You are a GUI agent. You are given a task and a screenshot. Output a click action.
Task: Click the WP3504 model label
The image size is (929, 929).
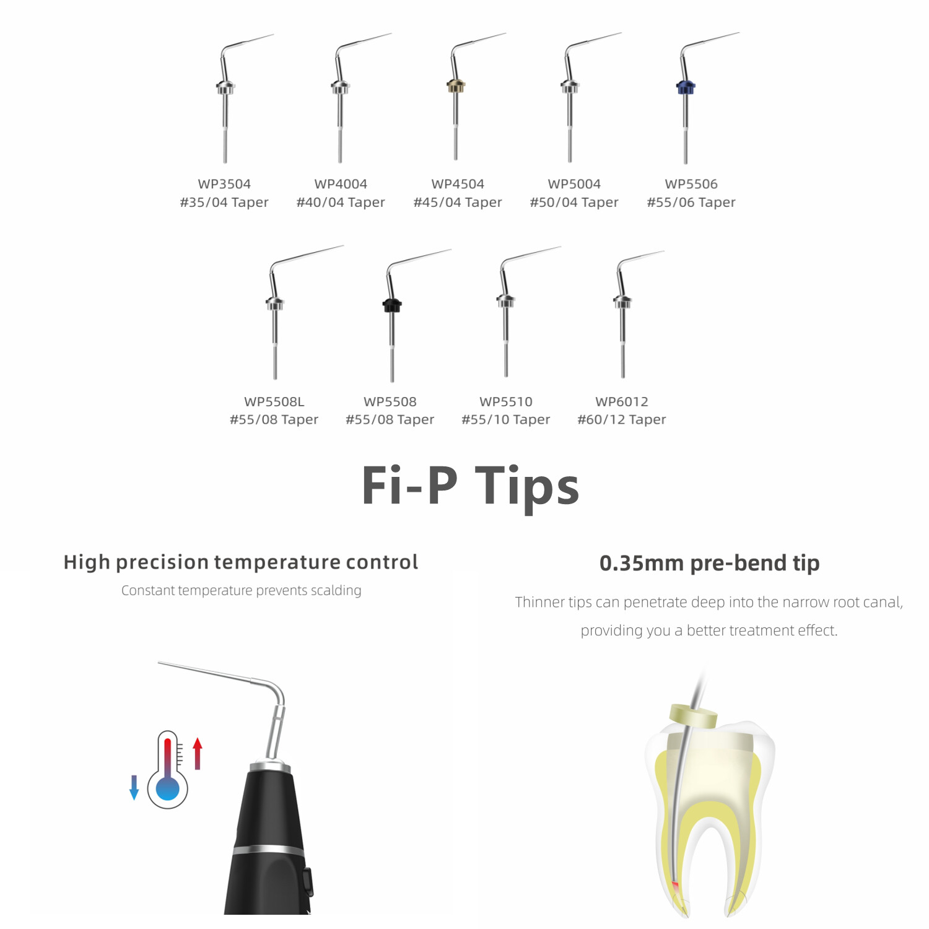224,184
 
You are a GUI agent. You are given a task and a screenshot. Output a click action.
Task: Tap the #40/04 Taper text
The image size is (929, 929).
341,203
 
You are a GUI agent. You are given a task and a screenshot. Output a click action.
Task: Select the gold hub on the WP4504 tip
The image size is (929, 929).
456,86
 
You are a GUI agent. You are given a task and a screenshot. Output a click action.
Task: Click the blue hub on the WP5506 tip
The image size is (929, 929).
686,87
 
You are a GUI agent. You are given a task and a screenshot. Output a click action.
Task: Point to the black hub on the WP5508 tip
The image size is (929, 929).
392,305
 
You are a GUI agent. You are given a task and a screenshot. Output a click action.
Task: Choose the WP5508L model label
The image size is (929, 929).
274,401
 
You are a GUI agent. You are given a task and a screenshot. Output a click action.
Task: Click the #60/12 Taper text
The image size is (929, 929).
622,420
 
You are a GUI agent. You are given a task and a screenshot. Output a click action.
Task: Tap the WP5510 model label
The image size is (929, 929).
506,401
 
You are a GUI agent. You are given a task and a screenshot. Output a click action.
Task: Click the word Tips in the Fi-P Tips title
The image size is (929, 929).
527,486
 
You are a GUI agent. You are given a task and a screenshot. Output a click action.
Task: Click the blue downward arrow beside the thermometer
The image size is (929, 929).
134,787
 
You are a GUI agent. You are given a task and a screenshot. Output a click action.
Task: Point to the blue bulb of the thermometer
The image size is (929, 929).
168,788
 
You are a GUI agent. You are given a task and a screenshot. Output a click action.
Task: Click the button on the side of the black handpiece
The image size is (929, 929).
308,883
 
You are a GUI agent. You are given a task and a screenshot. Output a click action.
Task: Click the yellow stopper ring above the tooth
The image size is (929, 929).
694,715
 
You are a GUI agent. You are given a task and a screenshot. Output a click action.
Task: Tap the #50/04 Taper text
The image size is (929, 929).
574,203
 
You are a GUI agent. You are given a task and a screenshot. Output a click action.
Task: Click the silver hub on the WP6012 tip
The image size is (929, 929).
622,302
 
